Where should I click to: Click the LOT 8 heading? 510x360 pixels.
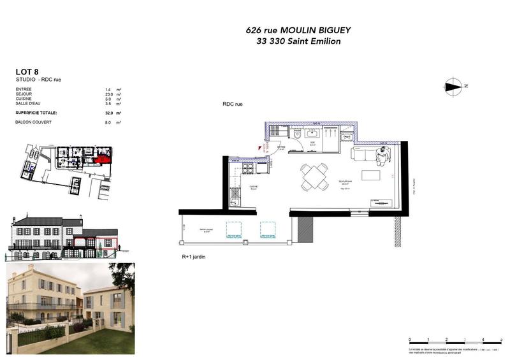pyautogui.click(x=26, y=71)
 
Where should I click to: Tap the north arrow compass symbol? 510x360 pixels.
pyautogui.click(x=455, y=86)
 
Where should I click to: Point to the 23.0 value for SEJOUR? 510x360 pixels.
pyautogui.click(x=109, y=94)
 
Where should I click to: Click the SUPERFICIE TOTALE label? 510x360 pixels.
pyautogui.click(x=36, y=112)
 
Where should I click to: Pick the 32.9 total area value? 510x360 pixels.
pyautogui.click(x=109, y=112)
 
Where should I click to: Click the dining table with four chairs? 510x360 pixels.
pyautogui.click(x=315, y=177)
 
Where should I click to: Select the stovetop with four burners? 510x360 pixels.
pyautogui.click(x=247, y=168)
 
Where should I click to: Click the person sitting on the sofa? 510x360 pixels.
pyautogui.click(x=382, y=155)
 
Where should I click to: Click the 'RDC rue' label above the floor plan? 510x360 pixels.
pyautogui.click(x=233, y=104)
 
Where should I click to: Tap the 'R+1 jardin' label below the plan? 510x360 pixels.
pyautogui.click(x=194, y=257)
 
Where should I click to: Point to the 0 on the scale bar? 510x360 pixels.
pyautogui.click(x=410, y=339)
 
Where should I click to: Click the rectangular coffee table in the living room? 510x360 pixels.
pyautogui.click(x=370, y=175)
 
